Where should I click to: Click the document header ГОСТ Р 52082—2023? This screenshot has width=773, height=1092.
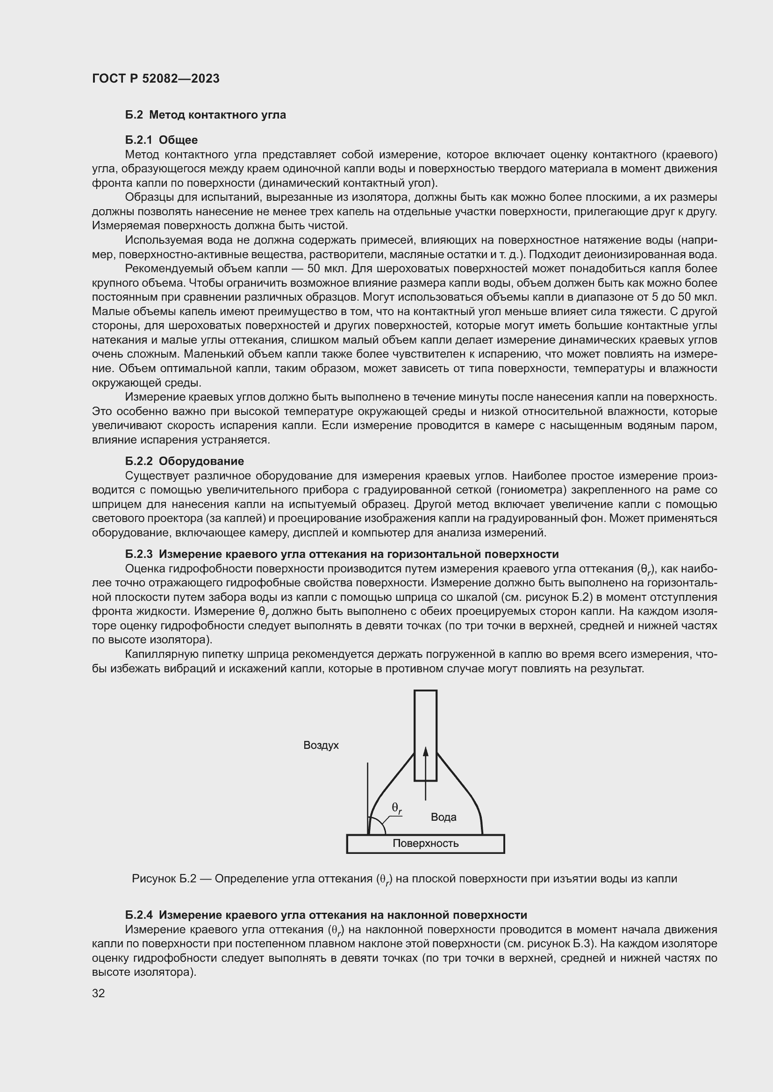coord(156,79)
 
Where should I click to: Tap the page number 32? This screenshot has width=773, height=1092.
coord(99,993)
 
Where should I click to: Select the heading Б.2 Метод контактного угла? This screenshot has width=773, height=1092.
coord(206,115)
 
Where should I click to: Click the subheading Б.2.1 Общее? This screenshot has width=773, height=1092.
coord(161,140)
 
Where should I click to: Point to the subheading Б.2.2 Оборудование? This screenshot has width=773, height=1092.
coord(185,461)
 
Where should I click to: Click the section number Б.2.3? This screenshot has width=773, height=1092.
coord(139,554)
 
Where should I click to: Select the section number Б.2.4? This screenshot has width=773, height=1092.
coord(139,915)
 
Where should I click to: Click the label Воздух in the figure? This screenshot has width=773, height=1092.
coord(321,745)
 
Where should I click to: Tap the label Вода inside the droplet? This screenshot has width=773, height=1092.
coord(443,817)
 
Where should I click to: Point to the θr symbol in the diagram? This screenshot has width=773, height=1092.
coord(396,808)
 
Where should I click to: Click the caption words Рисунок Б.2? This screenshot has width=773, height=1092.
coord(164,879)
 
